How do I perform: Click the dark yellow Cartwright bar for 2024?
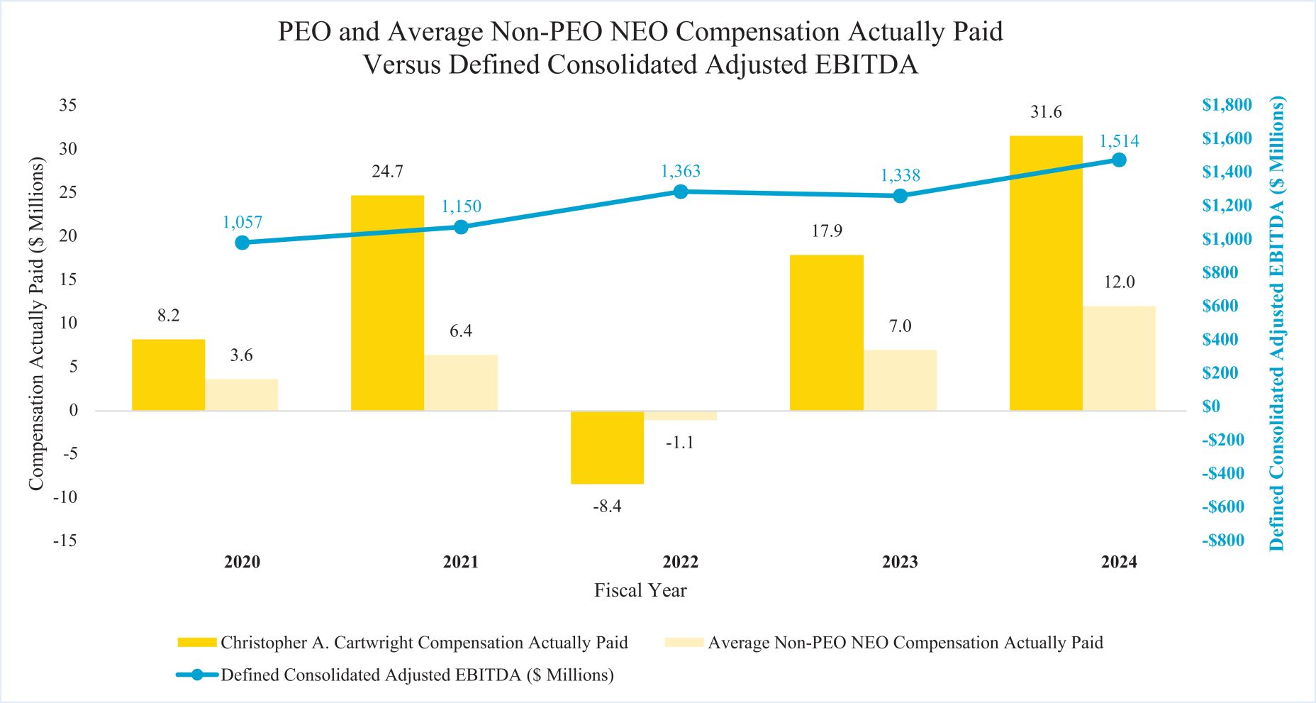tap(1046, 273)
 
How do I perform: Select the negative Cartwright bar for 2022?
tap(607, 448)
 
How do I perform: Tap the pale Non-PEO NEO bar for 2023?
tap(900, 380)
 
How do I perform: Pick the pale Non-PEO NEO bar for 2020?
tap(242, 395)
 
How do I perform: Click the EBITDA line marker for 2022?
tap(681, 192)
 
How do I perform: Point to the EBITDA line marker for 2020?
tap(242, 243)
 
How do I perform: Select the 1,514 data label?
tap(1119, 141)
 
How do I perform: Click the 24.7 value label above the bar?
tap(387, 172)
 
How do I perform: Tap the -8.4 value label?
tap(607, 507)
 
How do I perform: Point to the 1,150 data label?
tap(461, 206)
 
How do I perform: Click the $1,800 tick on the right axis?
tap(1227, 105)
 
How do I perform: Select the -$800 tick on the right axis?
tap(1223, 541)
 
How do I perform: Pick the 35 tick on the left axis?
tap(68, 105)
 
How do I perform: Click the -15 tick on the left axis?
tap(65, 541)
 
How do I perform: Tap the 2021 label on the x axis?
tap(461, 563)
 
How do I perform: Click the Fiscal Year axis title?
tap(640, 590)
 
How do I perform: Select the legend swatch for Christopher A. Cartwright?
tap(196, 643)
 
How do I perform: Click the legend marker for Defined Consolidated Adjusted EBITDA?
tap(196, 675)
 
